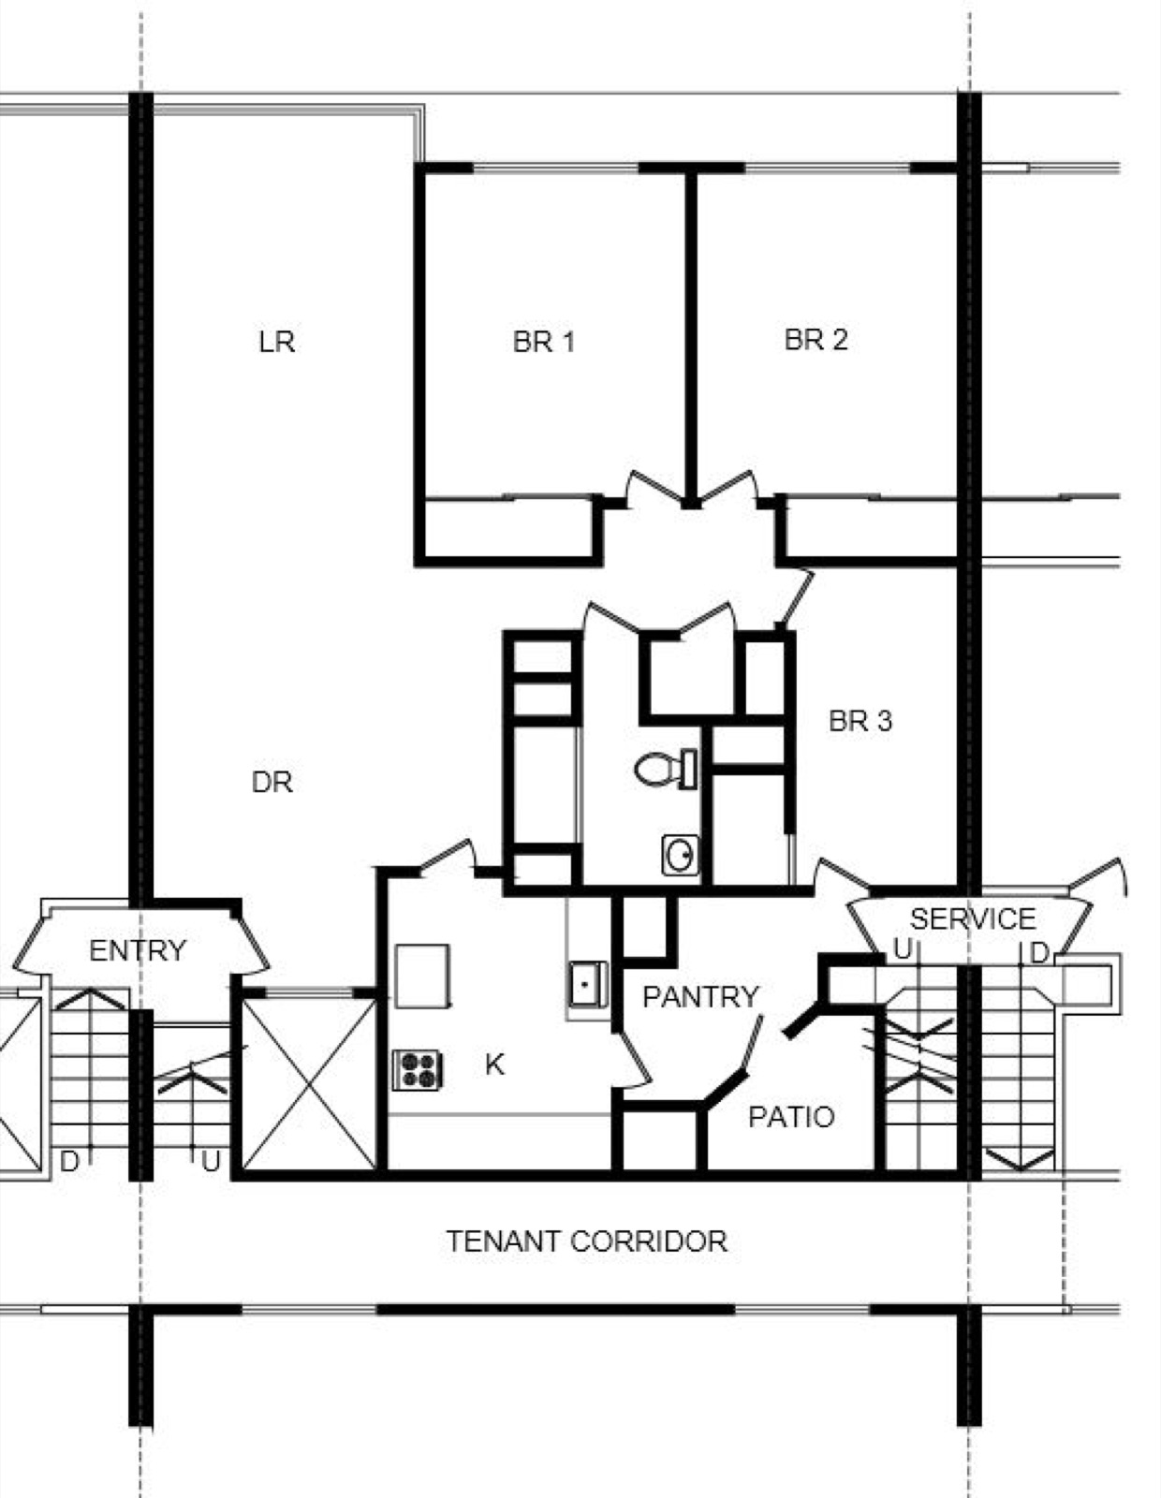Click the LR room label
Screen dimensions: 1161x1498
click(277, 342)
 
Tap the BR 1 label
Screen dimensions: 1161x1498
click(543, 341)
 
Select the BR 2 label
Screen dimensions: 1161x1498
click(816, 339)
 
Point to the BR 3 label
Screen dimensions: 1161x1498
click(860, 721)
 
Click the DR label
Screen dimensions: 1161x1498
click(272, 783)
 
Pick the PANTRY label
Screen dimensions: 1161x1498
click(700, 997)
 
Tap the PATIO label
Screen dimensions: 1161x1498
click(791, 1117)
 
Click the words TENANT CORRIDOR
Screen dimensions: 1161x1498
click(587, 1241)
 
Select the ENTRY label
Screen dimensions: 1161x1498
click(138, 951)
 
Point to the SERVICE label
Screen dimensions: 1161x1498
click(973, 919)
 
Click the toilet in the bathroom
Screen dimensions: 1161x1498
click(666, 770)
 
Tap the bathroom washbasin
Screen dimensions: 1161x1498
click(681, 856)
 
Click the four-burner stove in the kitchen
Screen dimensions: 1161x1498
click(417, 1069)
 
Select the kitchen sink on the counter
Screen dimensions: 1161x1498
click(588, 985)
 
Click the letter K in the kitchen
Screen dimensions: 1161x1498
click(494, 1065)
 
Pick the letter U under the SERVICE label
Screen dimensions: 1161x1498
click(904, 950)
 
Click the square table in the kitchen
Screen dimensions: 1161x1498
click(422, 977)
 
